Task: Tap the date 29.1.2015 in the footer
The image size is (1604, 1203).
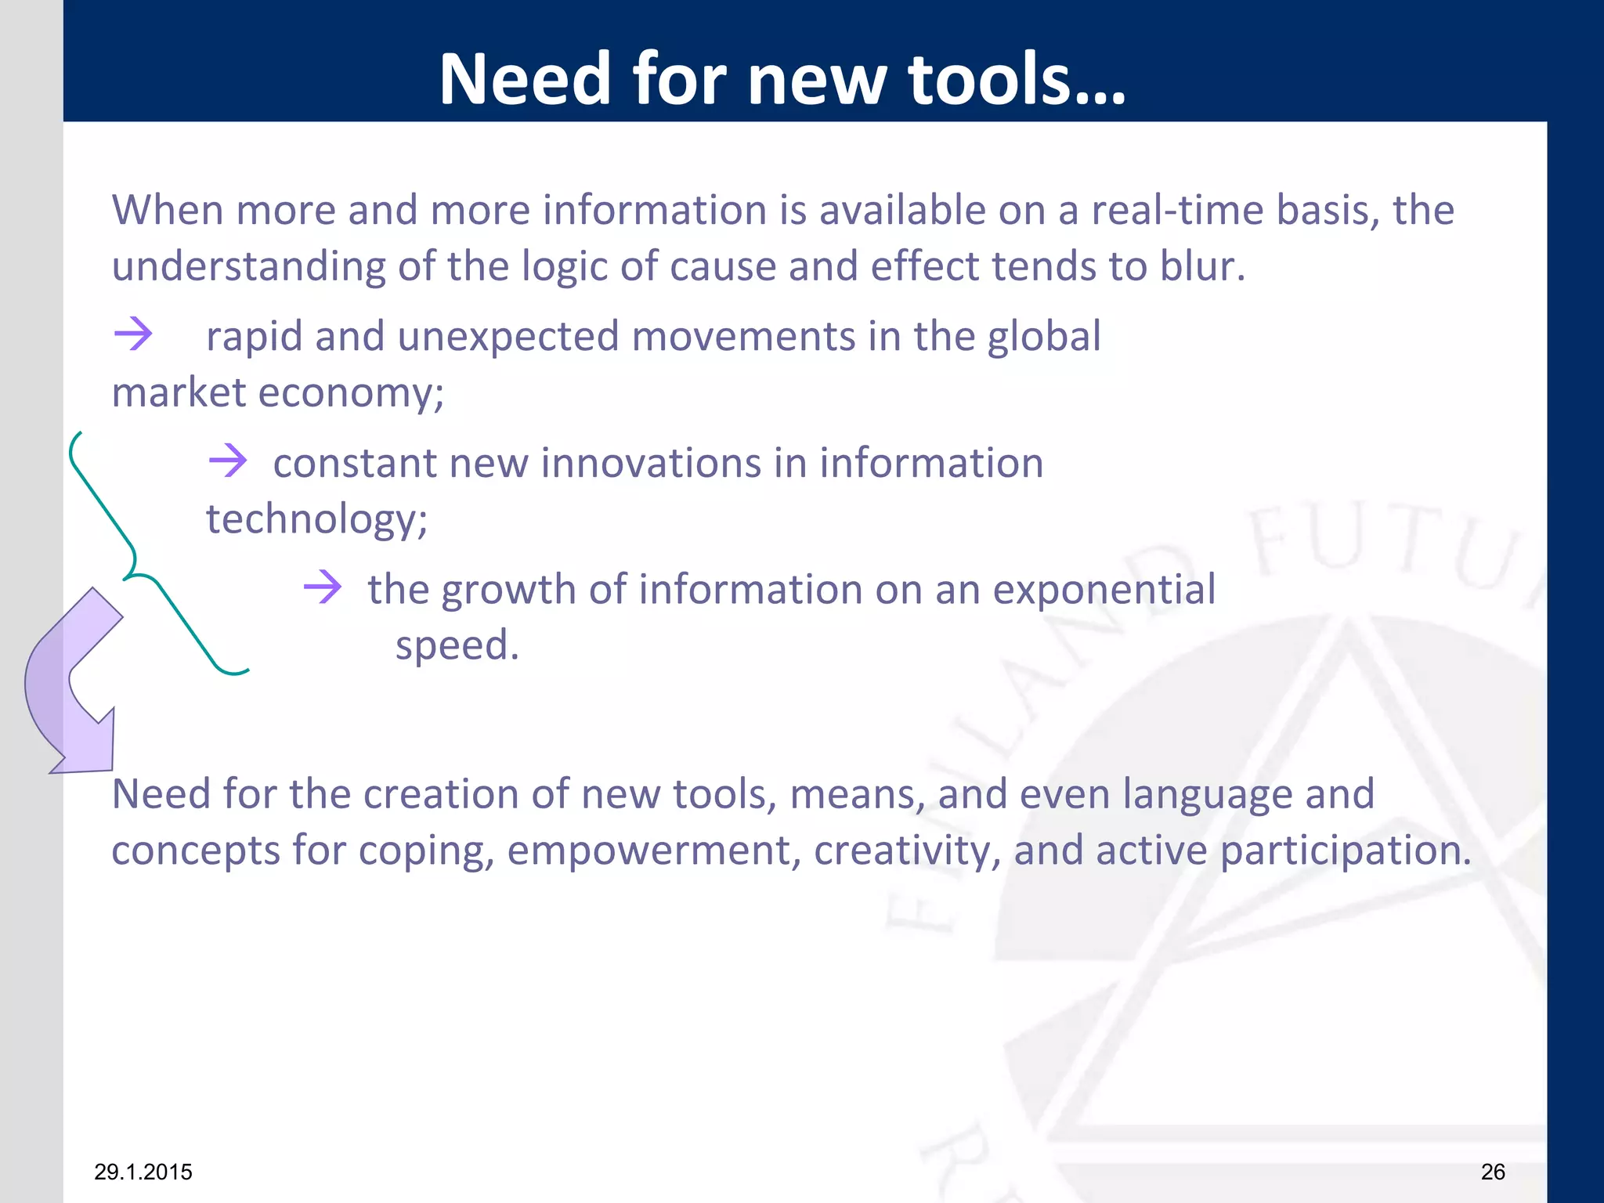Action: tap(143, 1172)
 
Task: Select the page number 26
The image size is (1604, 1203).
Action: tap(1493, 1172)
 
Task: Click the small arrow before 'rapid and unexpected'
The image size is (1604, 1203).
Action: tap(133, 334)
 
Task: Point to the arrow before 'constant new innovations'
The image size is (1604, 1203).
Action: tap(228, 461)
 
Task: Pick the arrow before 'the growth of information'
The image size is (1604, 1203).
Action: tap(323, 587)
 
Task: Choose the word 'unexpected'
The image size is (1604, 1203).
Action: tap(508, 336)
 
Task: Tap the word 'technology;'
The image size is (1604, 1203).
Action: tap(316, 519)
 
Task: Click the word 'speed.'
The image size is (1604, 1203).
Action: tap(457, 645)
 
